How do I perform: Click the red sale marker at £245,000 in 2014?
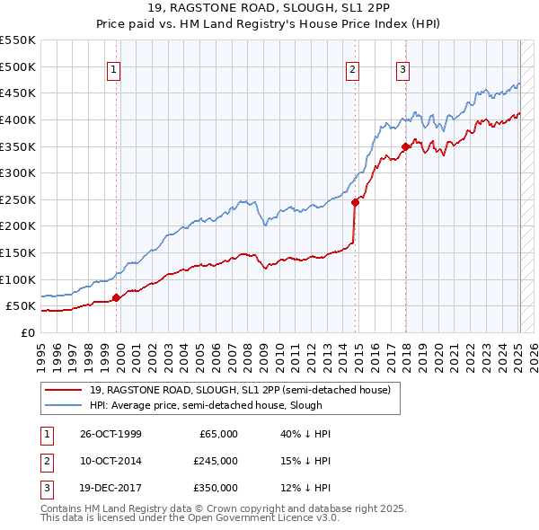click(x=355, y=202)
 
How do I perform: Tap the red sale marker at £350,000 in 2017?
click(x=406, y=146)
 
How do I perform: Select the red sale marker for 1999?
click(x=117, y=298)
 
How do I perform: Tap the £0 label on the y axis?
click(x=27, y=332)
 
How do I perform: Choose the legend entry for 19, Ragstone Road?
click(x=239, y=390)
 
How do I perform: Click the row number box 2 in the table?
click(x=46, y=461)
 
